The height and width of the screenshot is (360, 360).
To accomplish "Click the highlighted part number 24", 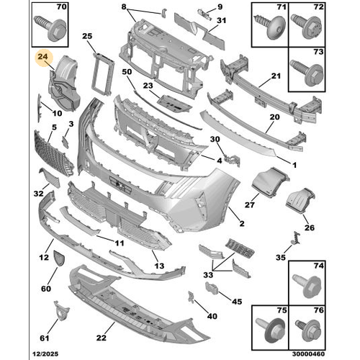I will (42, 63).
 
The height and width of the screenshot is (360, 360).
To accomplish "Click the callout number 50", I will (127, 73).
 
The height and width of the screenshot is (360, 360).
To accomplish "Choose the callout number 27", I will (249, 204).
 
